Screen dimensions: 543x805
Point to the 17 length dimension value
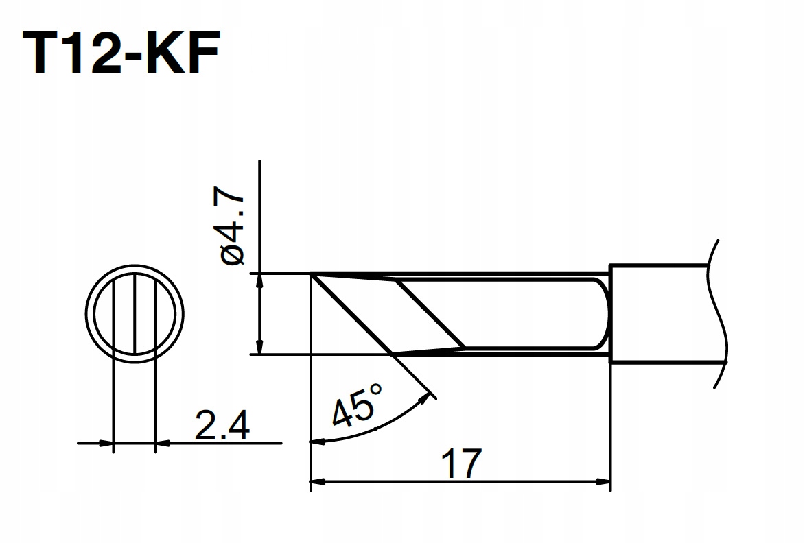460,465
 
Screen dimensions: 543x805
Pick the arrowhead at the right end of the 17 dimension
605,482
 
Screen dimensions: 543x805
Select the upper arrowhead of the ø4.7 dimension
259,280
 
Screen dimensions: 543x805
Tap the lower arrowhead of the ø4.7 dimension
259,348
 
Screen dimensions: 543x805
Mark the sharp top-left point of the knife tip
312,274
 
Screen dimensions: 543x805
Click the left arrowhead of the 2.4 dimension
106,444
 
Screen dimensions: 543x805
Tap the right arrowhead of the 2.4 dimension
163,444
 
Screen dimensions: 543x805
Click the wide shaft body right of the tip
659,313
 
